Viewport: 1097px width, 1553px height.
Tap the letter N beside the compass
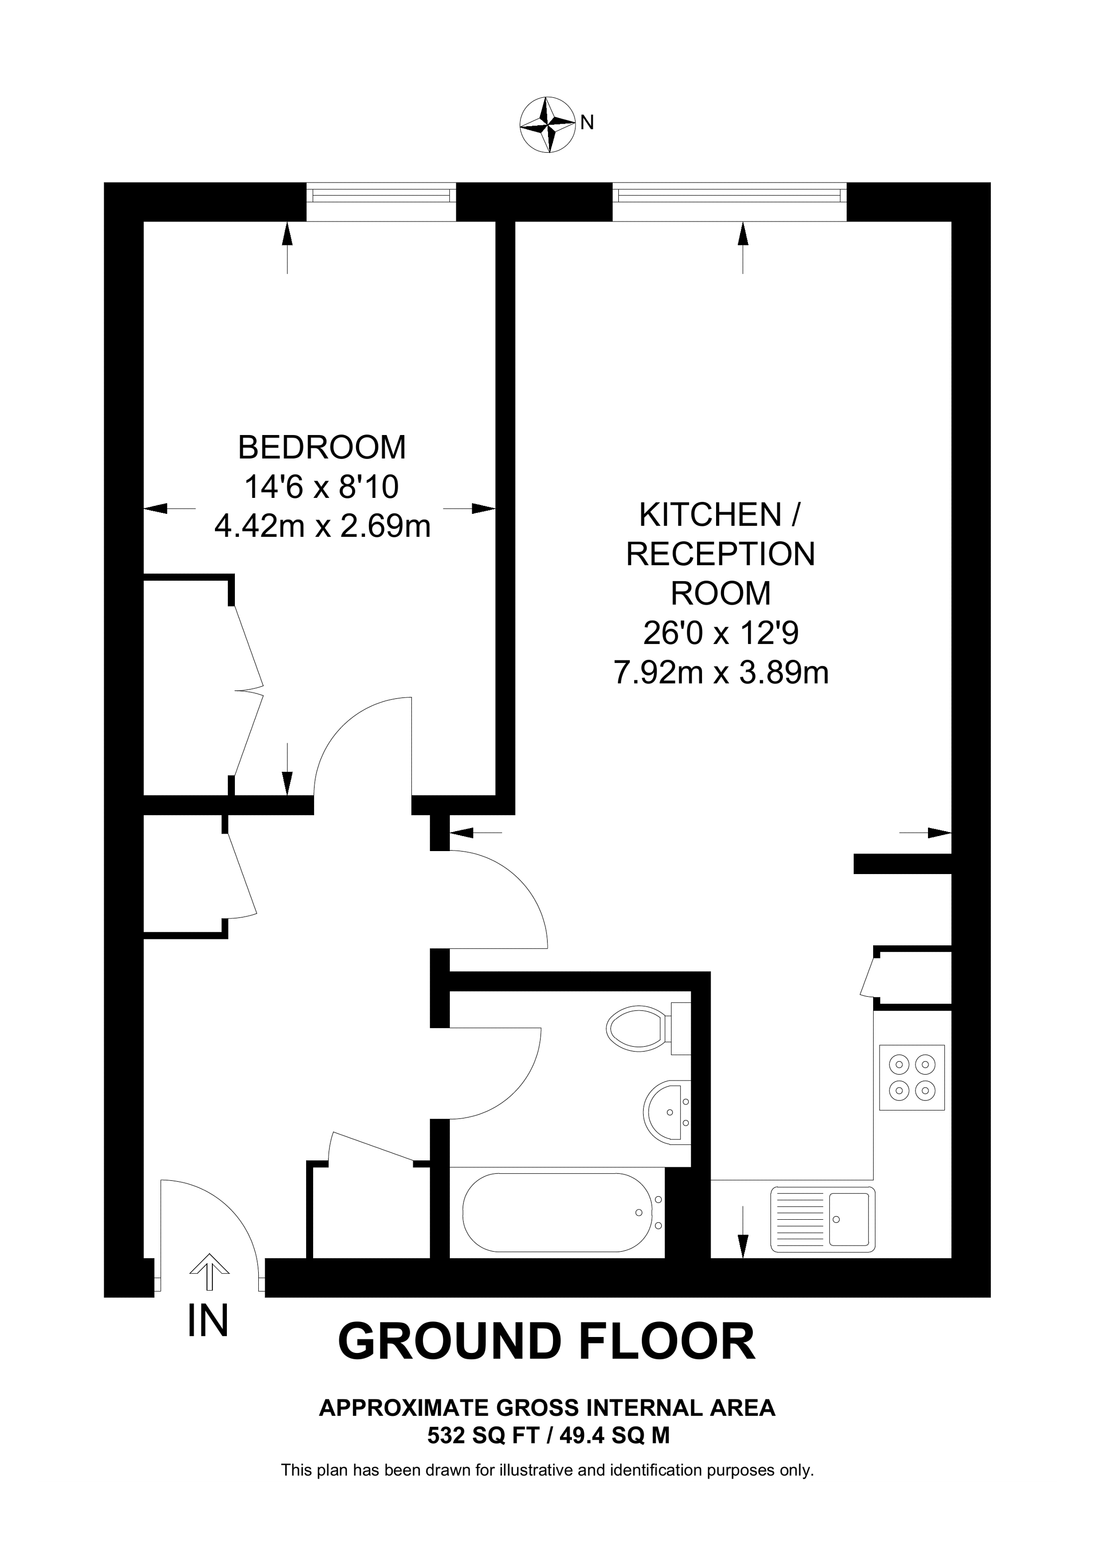(x=587, y=122)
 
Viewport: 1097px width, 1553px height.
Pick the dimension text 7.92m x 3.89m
(x=721, y=673)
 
